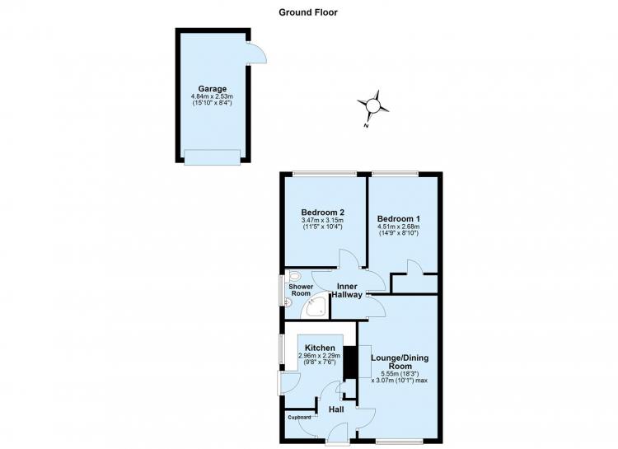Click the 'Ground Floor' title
308,12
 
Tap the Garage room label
212,89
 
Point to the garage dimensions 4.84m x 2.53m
212,96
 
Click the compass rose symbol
372,106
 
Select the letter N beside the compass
366,126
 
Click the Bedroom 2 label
323,212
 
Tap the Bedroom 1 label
399,218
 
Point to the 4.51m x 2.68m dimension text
399,227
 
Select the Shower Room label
301,290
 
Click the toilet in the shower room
293,275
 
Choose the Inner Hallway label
347,291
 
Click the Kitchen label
320,348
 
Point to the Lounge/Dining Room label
400,362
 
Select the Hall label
336,409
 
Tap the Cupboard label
299,418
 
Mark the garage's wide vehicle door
212,157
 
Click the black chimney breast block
349,362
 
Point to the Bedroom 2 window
325,173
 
